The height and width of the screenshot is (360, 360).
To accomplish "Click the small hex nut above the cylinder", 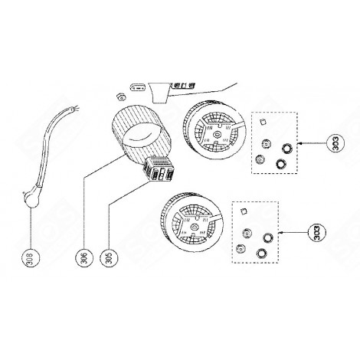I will coord(119,97).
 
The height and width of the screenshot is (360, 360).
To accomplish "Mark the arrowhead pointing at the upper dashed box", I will coord(302,142).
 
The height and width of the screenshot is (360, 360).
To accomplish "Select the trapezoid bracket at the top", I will coord(161,93).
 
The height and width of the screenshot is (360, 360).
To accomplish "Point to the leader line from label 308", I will coord(30,226).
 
